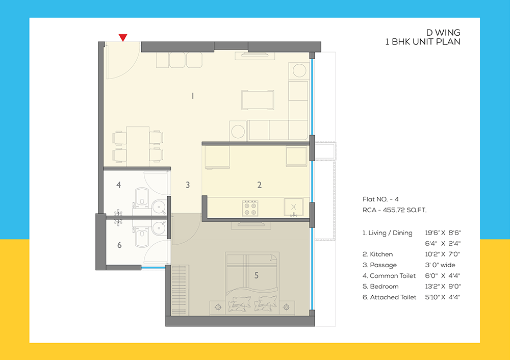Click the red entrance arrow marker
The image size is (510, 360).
[123, 37]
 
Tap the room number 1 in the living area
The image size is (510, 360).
[192, 96]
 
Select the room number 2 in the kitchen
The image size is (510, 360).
[259, 185]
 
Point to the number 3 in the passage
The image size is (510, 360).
[188, 185]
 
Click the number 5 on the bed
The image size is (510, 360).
[257, 275]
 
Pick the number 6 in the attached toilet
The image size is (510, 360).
[119, 245]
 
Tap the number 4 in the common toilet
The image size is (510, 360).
[118, 185]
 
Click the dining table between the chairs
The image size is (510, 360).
[138, 145]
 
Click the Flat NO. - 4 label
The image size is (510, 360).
[381, 198]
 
